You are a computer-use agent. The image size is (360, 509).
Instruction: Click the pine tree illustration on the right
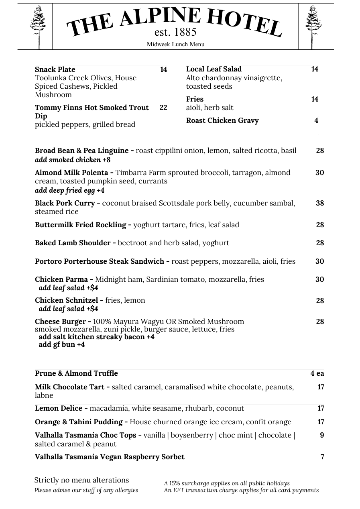313,26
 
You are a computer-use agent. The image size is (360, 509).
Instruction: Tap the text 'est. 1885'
175,32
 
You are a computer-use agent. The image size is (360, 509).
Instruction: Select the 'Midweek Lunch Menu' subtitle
175,44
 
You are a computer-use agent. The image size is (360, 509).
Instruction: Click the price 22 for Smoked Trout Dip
163,108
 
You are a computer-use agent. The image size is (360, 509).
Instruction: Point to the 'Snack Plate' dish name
55,69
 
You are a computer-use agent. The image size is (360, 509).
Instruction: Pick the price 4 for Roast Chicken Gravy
316,120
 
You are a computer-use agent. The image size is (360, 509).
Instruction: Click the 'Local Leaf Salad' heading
214,69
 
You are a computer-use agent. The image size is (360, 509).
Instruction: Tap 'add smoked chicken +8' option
73,160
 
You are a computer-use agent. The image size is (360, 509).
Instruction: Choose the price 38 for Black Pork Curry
319,203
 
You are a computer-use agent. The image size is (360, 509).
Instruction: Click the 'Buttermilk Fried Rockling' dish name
80,225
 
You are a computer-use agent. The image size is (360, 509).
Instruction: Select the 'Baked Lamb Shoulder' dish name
73,243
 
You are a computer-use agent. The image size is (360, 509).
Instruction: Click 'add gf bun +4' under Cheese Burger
62,344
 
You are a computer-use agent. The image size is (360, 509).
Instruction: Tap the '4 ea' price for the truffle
317,373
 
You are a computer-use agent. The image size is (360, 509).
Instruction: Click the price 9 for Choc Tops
322,435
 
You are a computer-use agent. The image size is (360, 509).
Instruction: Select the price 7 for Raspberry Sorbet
322,457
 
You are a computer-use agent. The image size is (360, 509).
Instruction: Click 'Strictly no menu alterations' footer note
81,480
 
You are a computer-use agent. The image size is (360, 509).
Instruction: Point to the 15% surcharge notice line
227,483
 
